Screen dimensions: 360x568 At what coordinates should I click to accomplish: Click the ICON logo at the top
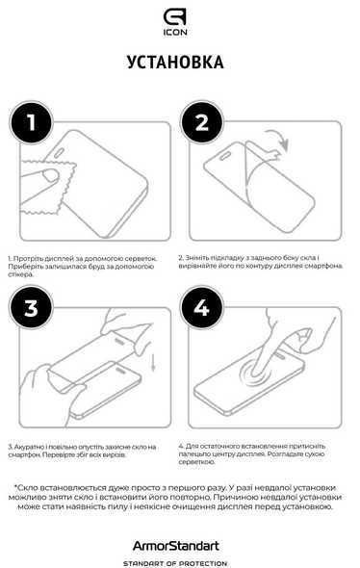pos(175,22)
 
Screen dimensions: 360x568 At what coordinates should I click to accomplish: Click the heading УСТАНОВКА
pos(175,63)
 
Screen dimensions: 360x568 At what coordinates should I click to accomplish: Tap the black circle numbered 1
pos(31,122)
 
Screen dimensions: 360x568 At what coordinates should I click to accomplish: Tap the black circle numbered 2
pos(202,122)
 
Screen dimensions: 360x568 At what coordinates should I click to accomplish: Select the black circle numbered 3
pos(31,307)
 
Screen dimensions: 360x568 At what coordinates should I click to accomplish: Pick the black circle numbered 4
pos(202,307)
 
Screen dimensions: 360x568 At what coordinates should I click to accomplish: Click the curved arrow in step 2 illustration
pos(279,139)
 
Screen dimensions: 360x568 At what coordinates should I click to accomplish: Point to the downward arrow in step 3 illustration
pos(153,362)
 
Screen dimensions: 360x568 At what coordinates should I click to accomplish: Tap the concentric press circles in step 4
pos(257,374)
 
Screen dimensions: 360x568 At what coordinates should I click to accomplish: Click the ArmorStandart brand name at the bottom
pos(176,546)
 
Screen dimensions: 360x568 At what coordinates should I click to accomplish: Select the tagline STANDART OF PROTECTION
pos(175,563)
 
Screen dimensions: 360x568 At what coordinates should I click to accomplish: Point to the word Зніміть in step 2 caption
pos(196,258)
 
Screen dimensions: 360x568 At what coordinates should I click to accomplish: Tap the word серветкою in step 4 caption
pos(197,462)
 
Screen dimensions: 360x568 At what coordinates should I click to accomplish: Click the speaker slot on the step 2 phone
pos(225,155)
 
